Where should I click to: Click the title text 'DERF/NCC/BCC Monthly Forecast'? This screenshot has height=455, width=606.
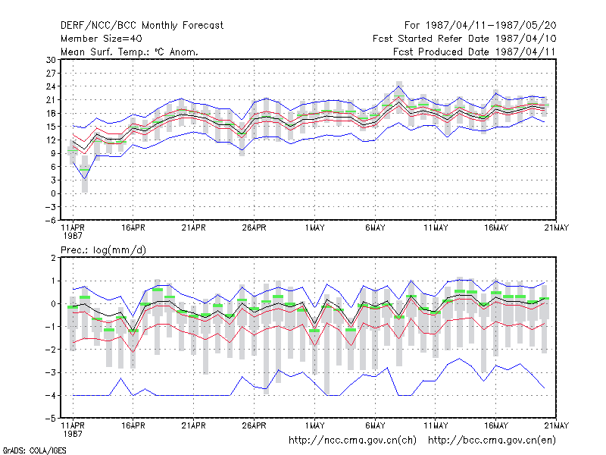pos(142,26)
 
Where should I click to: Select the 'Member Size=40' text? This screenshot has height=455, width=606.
pos(102,39)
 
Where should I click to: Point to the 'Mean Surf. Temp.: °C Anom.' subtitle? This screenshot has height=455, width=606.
pos(129,52)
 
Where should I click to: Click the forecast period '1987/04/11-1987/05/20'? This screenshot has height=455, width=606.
pos(491,26)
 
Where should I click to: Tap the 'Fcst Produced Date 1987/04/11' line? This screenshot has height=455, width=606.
pos(474,52)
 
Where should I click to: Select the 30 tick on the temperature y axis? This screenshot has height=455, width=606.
pos(51,60)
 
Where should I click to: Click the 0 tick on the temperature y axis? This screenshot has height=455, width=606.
pos(53,193)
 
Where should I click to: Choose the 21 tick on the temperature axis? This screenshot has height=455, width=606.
pos(51,100)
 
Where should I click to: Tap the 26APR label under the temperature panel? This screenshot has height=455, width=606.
pos(254,227)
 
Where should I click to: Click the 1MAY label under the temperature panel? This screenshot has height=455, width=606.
pos(314,227)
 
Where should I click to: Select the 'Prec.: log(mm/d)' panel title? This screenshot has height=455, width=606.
pos(103,250)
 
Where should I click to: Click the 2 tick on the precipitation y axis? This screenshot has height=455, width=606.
pos(53,258)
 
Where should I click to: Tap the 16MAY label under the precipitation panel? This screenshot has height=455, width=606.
pos(496,425)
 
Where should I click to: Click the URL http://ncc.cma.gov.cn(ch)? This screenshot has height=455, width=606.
pos(352,441)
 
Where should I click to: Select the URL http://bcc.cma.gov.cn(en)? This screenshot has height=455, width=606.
pos(492,441)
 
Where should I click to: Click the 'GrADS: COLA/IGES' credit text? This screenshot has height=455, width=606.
pos(34,450)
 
